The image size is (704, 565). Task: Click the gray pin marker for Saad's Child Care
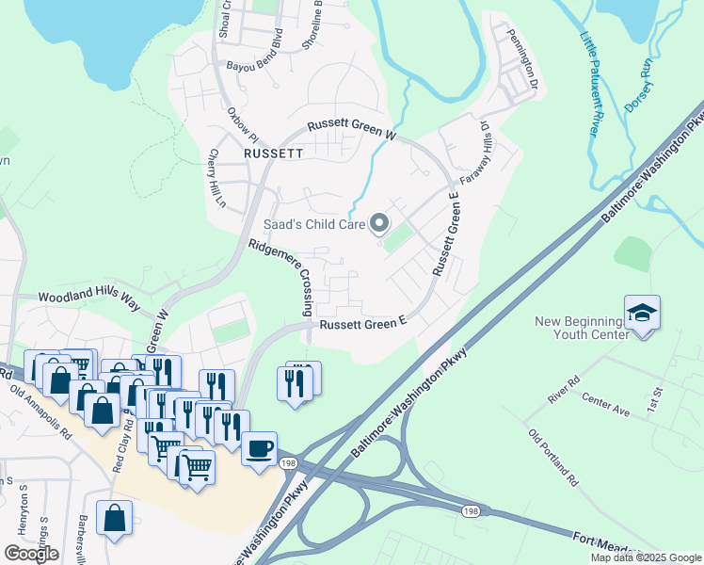click(380, 224)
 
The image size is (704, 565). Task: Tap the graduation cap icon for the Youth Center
click(642, 313)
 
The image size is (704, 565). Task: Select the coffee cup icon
click(259, 448)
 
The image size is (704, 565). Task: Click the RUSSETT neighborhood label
click(273, 153)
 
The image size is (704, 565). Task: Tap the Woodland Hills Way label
click(88, 297)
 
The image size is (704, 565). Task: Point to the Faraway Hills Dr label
click(474, 151)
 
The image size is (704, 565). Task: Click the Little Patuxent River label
click(589, 85)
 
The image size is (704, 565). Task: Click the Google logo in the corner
click(31, 554)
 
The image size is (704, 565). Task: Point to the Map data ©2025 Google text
click(645, 557)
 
